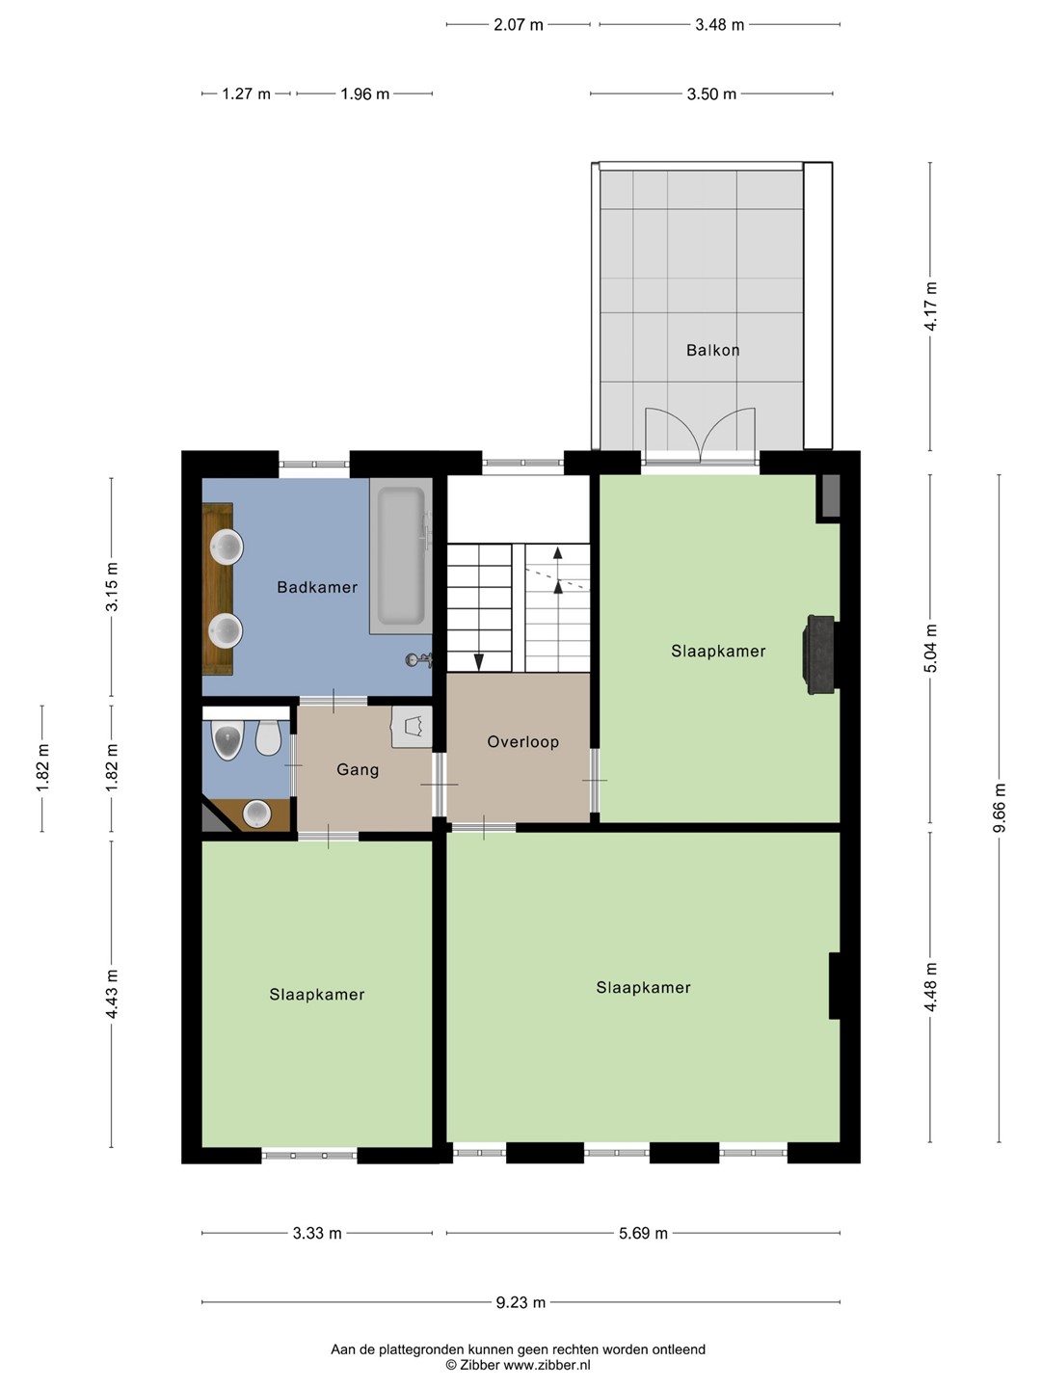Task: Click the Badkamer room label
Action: tap(317, 587)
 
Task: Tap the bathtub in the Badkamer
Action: tap(401, 556)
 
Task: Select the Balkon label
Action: tap(713, 350)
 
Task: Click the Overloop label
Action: tap(523, 742)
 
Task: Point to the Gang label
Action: tap(358, 769)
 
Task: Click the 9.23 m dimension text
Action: tap(520, 1302)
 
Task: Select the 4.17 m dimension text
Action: tap(930, 307)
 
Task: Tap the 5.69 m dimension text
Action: tap(644, 1233)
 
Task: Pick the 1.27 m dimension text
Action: tap(247, 94)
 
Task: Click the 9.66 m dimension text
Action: tap(1000, 808)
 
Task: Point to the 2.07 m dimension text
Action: tap(519, 25)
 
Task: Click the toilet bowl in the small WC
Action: tap(269, 737)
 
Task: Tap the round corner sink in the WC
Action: tap(257, 814)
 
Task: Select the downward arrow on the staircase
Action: tap(479, 661)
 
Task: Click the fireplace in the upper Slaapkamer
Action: tap(818, 654)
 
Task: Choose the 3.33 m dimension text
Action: tap(317, 1233)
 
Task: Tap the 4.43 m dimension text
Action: tap(112, 994)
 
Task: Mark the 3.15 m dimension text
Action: tap(112, 586)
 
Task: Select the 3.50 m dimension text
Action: tap(711, 94)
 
